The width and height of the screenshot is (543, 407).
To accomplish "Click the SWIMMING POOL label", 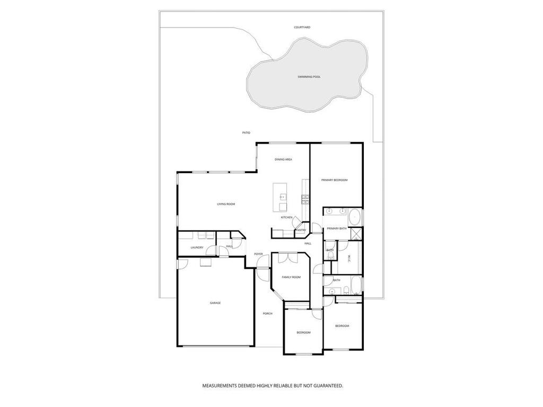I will click(309, 77).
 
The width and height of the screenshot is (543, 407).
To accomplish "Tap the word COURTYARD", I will click(302, 27).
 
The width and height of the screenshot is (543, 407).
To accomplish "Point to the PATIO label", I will click(246, 132).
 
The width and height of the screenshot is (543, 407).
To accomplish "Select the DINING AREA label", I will click(283, 160).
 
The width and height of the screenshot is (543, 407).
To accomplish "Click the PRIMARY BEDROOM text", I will click(335, 180).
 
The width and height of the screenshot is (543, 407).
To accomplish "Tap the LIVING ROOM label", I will click(226, 204).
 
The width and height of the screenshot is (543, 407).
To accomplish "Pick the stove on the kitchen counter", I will click(305, 199).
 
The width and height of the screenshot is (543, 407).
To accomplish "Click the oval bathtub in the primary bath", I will click(354, 217).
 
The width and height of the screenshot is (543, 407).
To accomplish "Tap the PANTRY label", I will click(301, 230).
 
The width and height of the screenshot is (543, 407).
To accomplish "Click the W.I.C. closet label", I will click(349, 258).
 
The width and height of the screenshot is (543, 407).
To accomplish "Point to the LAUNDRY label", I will click(197, 247).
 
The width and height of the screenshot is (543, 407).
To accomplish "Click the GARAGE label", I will click(215, 303).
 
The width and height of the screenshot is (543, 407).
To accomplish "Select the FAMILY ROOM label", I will click(291, 277).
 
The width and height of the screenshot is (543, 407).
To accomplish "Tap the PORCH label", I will click(268, 314).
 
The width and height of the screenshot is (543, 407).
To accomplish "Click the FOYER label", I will click(259, 254).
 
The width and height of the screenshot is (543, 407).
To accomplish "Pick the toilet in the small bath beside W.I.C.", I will click(330, 255).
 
